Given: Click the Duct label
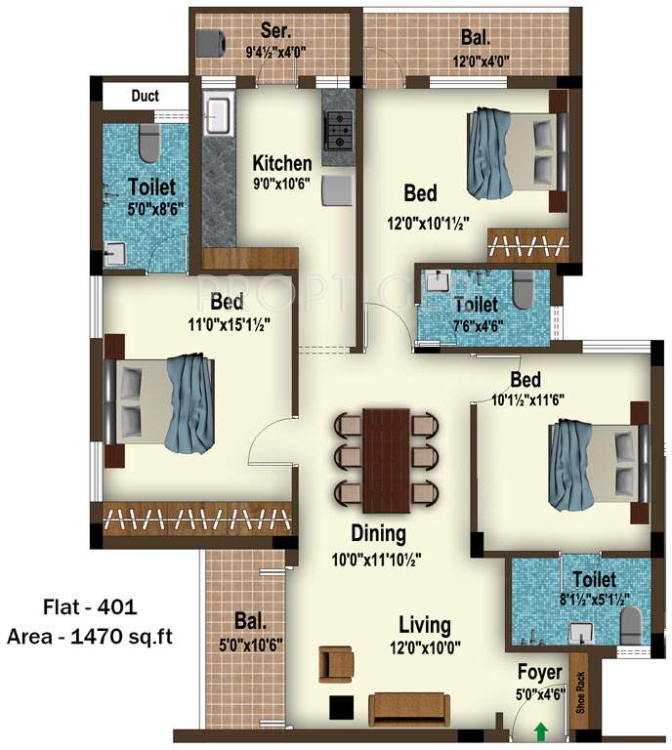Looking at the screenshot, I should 145,96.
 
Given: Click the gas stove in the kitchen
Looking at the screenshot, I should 338,128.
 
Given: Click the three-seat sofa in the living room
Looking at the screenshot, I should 408,708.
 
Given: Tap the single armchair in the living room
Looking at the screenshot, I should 336,664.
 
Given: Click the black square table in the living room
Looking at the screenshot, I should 340,707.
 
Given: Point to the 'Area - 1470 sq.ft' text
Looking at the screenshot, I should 91,637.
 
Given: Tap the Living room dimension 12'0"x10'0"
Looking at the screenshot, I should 425,646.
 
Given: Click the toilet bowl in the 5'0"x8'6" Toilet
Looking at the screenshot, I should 148,144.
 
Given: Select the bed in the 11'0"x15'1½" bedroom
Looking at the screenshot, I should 160,401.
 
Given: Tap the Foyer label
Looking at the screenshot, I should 540,673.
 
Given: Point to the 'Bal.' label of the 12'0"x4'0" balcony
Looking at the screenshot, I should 476,39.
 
